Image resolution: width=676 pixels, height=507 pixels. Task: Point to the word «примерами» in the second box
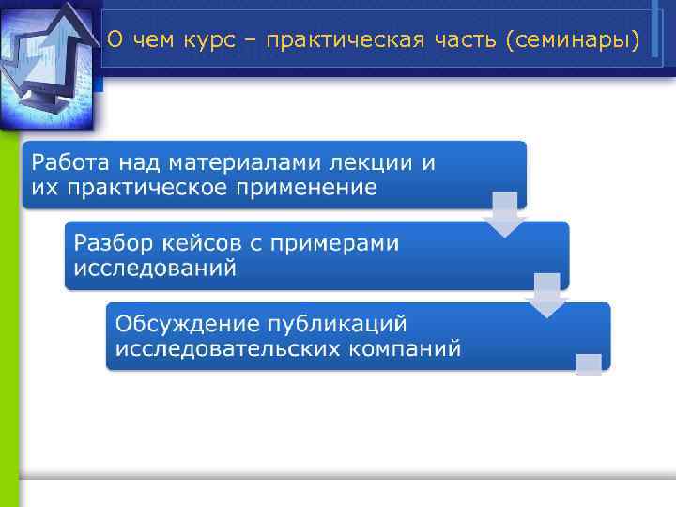point(334,243)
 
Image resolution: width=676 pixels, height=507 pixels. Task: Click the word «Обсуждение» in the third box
point(177,324)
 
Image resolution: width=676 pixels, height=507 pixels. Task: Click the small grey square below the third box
point(588,364)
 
